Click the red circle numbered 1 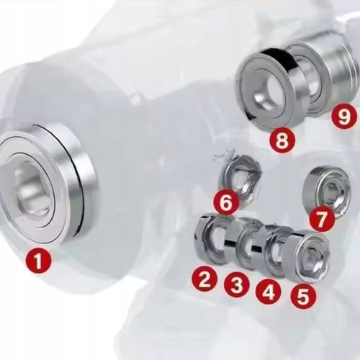point(38,261)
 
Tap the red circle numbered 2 point(204,279)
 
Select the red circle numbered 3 point(237,284)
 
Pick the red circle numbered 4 point(269,291)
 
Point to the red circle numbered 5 point(303,296)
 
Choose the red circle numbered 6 point(226,202)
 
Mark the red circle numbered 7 point(322,219)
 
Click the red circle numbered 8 point(282,140)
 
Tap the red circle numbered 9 point(343,116)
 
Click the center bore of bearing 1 point(34,192)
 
